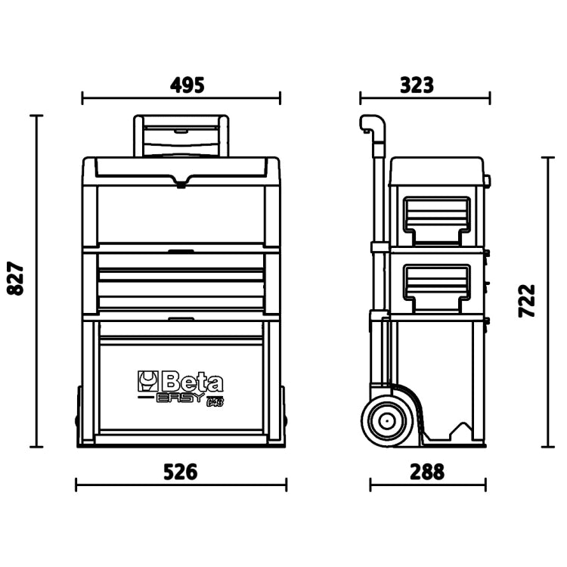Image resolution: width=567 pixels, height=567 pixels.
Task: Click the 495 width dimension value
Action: [x=181, y=84]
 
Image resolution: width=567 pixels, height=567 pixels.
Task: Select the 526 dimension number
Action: [x=181, y=472]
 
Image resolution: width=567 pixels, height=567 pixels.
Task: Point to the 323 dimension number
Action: [x=417, y=84]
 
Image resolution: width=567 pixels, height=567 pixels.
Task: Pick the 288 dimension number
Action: [x=427, y=472]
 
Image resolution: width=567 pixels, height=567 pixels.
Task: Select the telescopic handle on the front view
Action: [x=180, y=136]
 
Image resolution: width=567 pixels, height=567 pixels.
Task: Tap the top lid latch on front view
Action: [x=181, y=181]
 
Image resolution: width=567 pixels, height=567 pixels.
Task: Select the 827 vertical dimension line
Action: [x=36, y=280]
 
